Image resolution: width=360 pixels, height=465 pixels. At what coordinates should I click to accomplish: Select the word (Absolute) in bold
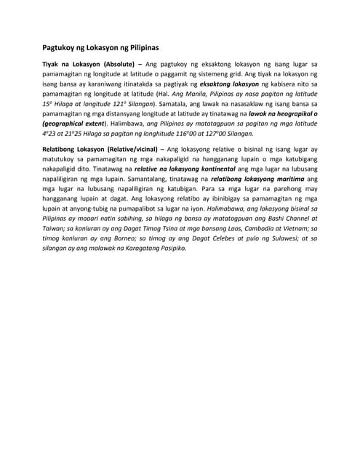pos(119,64)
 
